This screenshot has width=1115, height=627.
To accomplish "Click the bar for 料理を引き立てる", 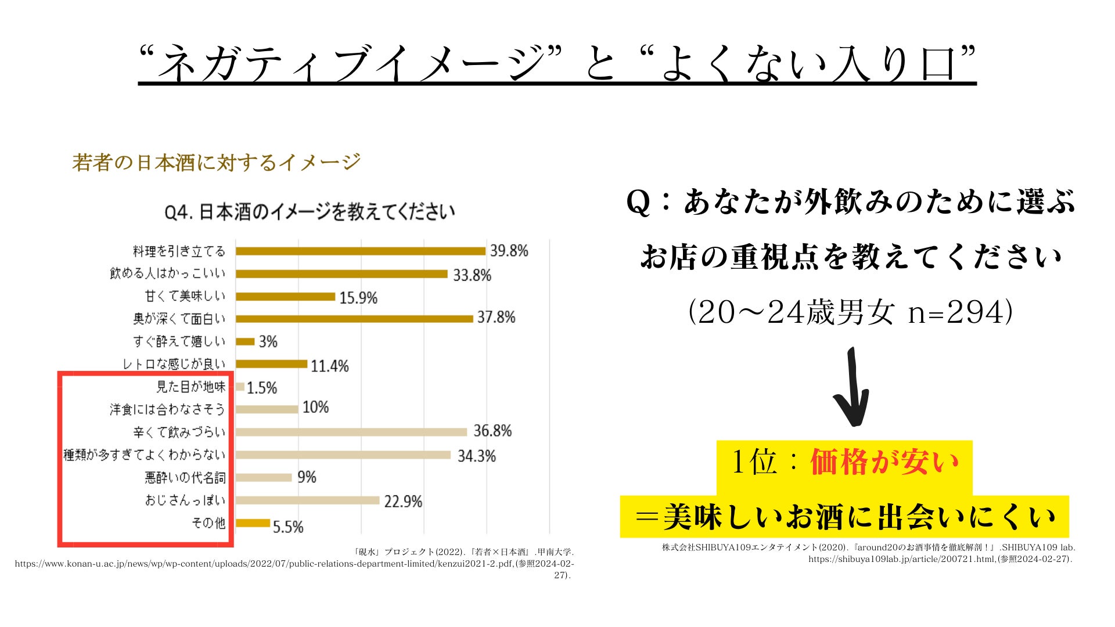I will point(360,251).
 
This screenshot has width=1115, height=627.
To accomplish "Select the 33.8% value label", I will point(472,275).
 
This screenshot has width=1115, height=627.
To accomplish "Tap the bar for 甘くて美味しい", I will point(285,297).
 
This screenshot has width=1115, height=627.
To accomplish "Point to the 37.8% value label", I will point(496,317).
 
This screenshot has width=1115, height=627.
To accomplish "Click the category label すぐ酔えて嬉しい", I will point(179,341).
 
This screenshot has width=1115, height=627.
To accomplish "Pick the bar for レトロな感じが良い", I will point(271,364).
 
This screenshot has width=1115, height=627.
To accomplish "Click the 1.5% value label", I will point(262,388).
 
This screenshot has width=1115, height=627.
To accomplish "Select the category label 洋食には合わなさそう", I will point(167,409).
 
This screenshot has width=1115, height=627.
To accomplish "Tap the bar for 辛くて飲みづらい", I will point(351,432).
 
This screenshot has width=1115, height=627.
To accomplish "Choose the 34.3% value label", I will point(476,456).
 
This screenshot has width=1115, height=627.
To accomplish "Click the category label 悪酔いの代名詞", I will point(185,478).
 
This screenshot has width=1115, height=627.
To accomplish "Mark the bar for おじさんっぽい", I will point(307,500).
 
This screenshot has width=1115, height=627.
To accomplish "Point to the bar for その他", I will point(253,523).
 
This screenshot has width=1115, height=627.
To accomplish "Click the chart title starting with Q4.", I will point(310,212).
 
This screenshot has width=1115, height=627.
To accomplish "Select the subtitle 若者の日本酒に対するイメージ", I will point(216,162).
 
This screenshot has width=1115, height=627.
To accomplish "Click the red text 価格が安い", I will point(884,462).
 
